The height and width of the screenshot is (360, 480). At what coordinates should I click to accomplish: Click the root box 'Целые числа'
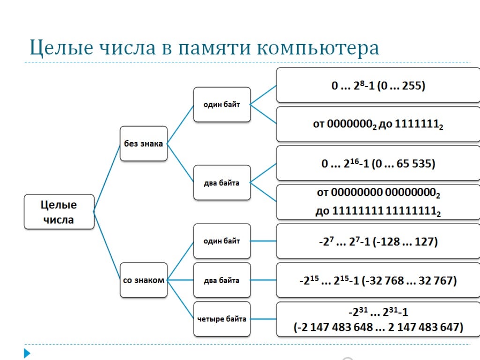[x=59, y=212]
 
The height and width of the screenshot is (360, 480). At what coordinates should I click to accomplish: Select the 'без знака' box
[x=143, y=143]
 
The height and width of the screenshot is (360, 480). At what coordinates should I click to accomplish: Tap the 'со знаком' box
[x=143, y=280]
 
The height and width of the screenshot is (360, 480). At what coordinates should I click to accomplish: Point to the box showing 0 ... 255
[x=378, y=85]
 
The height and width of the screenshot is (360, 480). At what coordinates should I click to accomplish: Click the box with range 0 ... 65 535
[x=378, y=163]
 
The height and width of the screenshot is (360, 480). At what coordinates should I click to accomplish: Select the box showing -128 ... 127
[x=378, y=241]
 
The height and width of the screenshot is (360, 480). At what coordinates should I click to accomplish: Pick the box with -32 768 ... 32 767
[x=378, y=280]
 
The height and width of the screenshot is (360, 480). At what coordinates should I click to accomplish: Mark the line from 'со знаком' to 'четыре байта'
[x=180, y=300]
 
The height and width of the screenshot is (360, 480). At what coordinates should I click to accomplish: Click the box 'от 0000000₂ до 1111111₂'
[x=378, y=125]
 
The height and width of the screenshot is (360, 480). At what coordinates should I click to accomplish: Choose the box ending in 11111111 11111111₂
[x=378, y=202]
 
